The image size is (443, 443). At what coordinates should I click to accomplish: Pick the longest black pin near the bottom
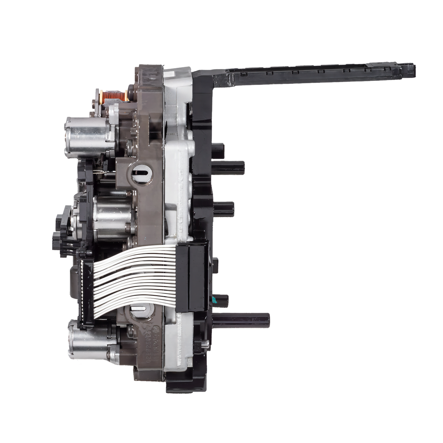coord(245,319)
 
